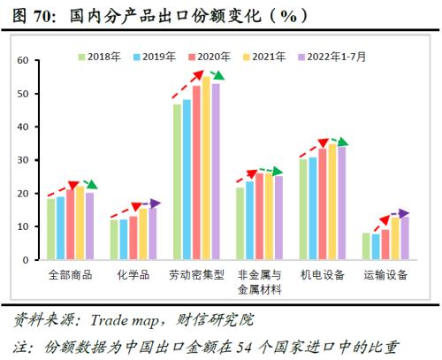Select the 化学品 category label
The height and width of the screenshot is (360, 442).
(134, 275)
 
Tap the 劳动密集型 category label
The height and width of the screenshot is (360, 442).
(196, 275)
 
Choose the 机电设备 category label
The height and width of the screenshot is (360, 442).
(323, 275)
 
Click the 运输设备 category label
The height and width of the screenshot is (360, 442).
(385, 275)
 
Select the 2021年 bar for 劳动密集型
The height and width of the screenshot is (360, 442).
(206, 168)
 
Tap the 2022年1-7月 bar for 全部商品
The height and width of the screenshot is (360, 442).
(89, 226)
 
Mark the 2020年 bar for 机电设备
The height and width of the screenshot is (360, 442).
(323, 204)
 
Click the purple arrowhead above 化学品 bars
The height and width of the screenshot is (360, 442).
(156, 204)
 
